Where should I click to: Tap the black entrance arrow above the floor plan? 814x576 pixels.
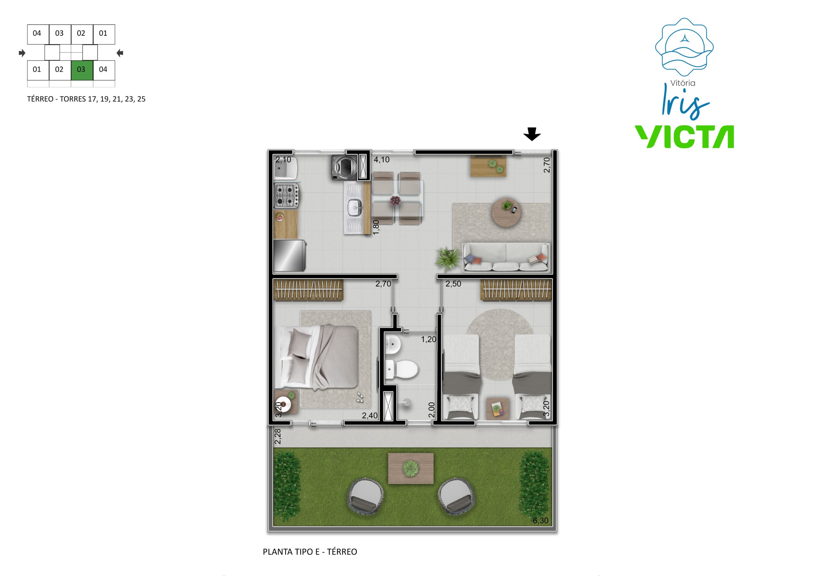point(532,134)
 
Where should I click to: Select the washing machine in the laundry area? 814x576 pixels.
point(344,167)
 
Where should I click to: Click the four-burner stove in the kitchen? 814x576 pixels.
point(287,196)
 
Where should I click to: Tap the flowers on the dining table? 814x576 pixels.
point(395,201)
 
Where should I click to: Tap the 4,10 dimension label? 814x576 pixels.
point(382,160)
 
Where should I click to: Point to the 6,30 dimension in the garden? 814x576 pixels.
point(540,520)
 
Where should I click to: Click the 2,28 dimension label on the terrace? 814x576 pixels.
point(278,436)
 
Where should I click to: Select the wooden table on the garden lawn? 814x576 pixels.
point(411,468)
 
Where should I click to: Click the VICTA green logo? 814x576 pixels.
point(684,136)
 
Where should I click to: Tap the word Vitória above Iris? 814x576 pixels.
point(683,83)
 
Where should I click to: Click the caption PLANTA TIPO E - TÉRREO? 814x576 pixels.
point(310,552)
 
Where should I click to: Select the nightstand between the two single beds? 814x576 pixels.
point(498,409)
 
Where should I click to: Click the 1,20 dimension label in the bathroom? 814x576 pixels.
point(429,339)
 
